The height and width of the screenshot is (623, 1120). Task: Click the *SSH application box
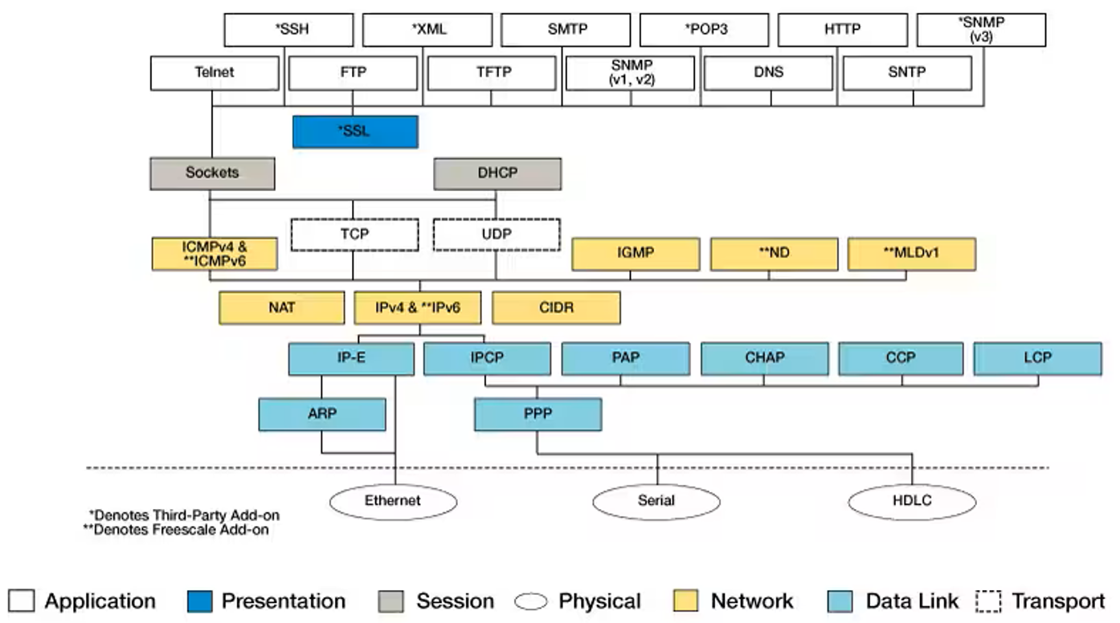tap(288, 30)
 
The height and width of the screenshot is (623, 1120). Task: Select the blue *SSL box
tap(355, 132)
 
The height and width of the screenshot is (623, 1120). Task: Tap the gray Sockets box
tap(212, 173)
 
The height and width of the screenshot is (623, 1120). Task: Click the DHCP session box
tap(497, 174)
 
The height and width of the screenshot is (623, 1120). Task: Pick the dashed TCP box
tap(354, 234)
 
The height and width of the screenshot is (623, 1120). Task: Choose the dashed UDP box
tap(497, 234)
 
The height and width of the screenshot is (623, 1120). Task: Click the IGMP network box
tap(636, 254)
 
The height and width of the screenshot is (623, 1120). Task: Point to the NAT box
tap(281, 307)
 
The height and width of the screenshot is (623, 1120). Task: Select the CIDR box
tap(556, 307)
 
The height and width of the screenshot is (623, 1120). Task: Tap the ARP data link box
tap(322, 414)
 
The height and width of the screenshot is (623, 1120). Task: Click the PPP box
tap(538, 414)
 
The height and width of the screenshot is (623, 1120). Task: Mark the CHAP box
tap(765, 358)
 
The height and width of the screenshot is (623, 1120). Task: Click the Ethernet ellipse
tap(393, 501)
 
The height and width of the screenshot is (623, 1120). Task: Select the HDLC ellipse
tap(912, 501)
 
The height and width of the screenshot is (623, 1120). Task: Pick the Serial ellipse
tap(656, 501)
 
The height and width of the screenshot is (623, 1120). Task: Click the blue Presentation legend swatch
tap(199, 601)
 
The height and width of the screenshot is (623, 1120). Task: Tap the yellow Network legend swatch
tap(685, 601)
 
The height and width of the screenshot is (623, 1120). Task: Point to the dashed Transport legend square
tap(988, 601)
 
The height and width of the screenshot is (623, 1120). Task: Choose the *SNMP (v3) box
tap(981, 30)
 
